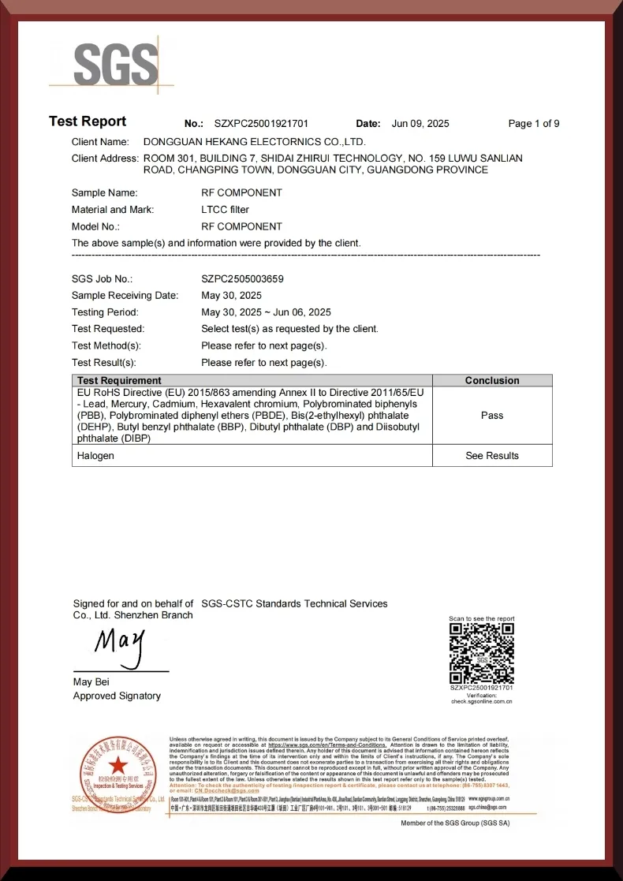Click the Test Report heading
pos(88,121)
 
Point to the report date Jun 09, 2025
pos(420,124)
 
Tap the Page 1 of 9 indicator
pos(534,124)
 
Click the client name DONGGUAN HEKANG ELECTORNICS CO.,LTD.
pos(254,142)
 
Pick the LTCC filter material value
pos(225,210)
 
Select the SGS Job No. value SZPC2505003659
pos(242,278)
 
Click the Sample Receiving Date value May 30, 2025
pos(231,295)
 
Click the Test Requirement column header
pos(119,380)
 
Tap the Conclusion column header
pos(492,380)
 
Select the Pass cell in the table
pos(492,415)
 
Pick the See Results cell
pos(492,456)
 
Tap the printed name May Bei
pos(91,681)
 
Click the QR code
pos(482,653)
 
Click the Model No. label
pos(98,226)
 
